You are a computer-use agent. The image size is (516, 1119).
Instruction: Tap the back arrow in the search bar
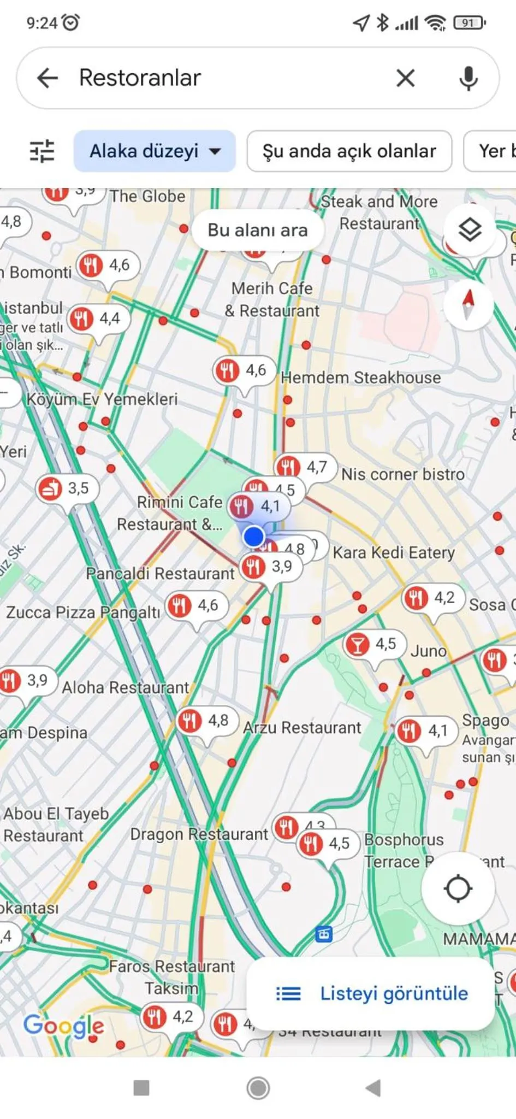tap(48, 78)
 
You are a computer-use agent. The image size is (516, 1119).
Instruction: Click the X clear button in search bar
tap(405, 78)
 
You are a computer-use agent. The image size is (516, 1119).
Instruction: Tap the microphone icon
tap(468, 78)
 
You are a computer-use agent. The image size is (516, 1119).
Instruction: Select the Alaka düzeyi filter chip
tap(155, 151)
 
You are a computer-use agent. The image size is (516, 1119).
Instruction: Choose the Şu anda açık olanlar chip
tap(349, 151)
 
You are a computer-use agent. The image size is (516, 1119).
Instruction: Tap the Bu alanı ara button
tap(257, 230)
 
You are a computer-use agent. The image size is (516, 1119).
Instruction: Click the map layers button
tap(470, 229)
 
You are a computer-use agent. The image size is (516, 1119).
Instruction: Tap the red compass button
tap(468, 304)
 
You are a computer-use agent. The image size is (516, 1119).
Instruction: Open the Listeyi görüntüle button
tap(371, 993)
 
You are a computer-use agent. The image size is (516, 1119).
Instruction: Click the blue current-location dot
tap(253, 536)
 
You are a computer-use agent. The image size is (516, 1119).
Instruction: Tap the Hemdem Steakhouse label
tap(360, 378)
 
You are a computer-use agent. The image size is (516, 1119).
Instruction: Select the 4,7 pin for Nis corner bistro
tap(304, 467)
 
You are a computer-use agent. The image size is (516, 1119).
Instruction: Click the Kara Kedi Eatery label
tap(393, 552)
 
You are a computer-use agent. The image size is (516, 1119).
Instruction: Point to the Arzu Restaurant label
tap(302, 728)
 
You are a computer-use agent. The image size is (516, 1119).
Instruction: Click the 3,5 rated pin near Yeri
tap(66, 488)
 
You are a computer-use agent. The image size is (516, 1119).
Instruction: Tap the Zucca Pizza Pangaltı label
tap(83, 612)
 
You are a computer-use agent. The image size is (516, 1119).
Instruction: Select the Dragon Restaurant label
tap(199, 834)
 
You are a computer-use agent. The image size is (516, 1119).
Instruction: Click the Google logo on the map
tap(63, 1026)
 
